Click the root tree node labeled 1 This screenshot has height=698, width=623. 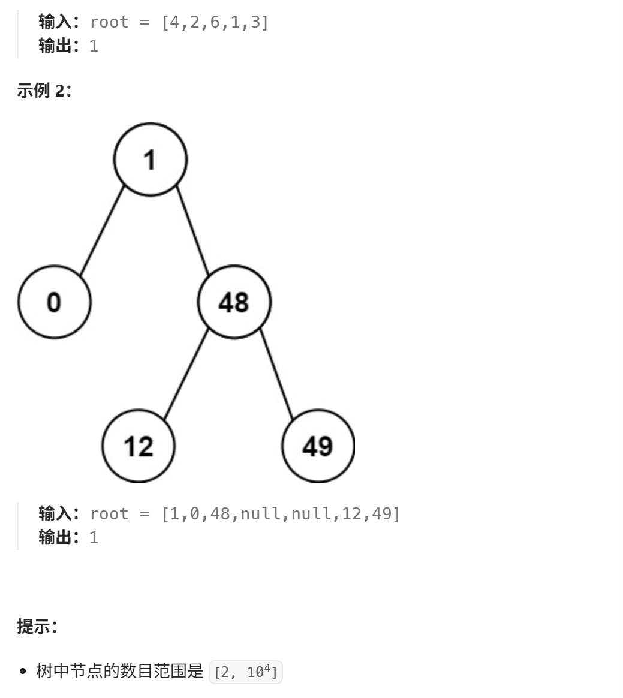click(x=151, y=160)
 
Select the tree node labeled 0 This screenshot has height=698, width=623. click(x=54, y=302)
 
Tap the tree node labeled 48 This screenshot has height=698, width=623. click(x=234, y=302)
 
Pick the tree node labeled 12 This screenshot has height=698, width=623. click(x=139, y=446)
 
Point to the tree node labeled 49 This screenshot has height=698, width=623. click(x=318, y=446)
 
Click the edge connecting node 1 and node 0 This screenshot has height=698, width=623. click(x=102, y=231)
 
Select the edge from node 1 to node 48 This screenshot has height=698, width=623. click(x=192, y=231)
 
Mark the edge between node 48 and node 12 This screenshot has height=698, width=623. click(x=186, y=374)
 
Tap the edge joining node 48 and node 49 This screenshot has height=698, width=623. click(x=276, y=374)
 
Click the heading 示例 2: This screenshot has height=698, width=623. click(x=44, y=91)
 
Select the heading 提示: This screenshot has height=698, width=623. click(x=37, y=627)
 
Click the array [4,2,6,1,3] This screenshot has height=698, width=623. click(x=215, y=22)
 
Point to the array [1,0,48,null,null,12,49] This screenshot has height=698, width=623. click(x=281, y=514)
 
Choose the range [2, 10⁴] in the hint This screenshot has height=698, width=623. click(x=245, y=672)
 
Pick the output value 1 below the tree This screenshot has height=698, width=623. click(x=94, y=537)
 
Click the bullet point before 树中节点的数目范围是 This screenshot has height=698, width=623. click(x=23, y=672)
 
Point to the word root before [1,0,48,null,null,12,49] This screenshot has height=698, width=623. click(x=109, y=514)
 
